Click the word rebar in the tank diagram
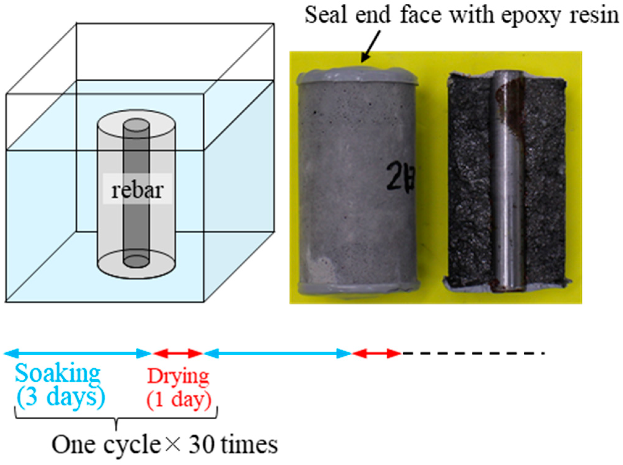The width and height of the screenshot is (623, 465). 137,190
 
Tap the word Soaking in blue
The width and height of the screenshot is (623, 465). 58,374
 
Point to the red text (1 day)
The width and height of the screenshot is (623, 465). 179,399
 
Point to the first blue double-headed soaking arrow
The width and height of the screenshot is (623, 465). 77,353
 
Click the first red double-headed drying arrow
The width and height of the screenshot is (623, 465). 178,353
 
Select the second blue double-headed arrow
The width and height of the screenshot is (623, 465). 278,353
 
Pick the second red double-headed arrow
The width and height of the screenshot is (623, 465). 377,353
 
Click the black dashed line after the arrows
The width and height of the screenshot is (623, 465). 472,353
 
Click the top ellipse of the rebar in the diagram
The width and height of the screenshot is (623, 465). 136,126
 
